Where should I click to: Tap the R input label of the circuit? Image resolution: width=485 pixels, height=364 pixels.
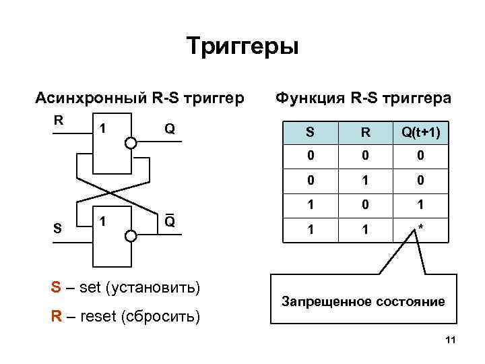coord(59,121)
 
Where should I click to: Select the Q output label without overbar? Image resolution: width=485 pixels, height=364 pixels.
coord(170,128)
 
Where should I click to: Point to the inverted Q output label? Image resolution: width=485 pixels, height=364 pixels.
coord(170,220)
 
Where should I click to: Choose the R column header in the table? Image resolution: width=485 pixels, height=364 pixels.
coord(364,133)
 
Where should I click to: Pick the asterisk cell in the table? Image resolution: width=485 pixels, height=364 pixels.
coord(420,229)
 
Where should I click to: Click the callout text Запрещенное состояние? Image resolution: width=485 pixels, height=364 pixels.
coord(363,301)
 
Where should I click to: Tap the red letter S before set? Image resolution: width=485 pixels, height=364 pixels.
coord(56,288)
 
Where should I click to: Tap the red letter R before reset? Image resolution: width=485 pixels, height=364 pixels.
coord(56,316)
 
